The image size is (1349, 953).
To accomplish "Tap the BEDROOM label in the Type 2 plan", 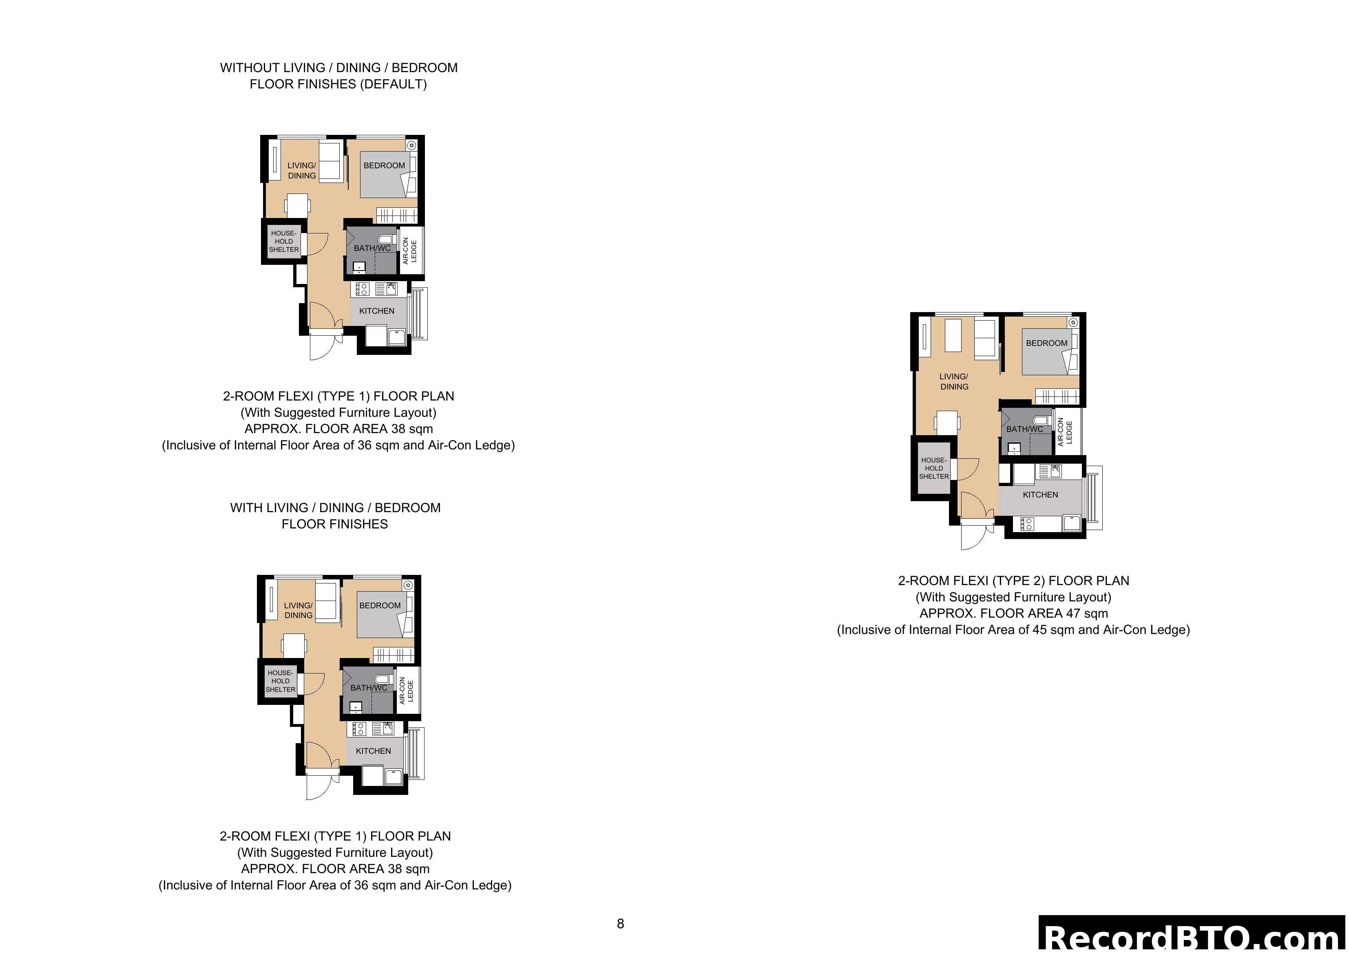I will point(1046,343).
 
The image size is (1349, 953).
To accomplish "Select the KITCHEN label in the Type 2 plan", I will point(1040,494).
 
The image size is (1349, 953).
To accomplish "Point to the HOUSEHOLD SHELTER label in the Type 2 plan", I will point(933,468).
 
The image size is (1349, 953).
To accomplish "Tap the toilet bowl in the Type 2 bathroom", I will point(1042,420).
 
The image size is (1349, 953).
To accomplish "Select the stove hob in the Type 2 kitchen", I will point(1027,523).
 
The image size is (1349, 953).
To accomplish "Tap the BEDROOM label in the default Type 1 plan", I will point(384,165).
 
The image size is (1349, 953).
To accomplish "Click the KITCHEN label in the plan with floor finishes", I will point(373,751).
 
